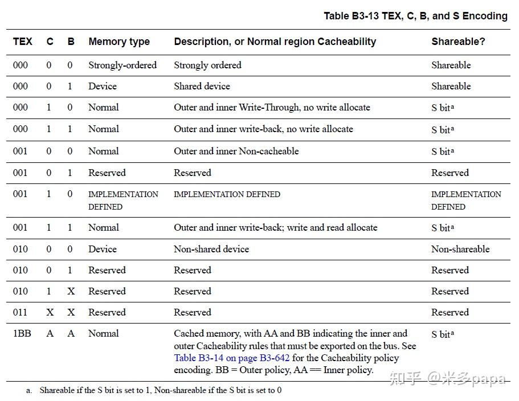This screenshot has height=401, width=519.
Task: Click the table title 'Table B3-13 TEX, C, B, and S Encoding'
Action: pyautogui.click(x=415, y=16)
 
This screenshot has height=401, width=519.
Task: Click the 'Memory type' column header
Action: pyautogui.click(x=119, y=42)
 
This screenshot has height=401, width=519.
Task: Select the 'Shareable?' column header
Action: pyautogui.click(x=458, y=42)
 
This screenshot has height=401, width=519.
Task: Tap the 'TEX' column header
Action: pyautogui.click(x=23, y=42)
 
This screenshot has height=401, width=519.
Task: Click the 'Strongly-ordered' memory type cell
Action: pyautogui.click(x=122, y=65)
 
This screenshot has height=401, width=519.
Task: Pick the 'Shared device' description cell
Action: pyautogui.click(x=202, y=86)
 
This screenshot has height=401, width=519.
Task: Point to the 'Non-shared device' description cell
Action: pyautogui.click(x=211, y=249)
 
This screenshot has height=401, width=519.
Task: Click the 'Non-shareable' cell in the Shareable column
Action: pyautogui.click(x=460, y=249)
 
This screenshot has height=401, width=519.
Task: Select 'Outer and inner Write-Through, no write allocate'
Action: pyautogui.click(x=272, y=107)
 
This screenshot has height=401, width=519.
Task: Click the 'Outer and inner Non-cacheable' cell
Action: pyautogui.click(x=236, y=151)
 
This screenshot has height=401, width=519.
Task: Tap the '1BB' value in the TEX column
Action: pyautogui.click(x=22, y=333)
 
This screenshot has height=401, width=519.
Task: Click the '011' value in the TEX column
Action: pyautogui.click(x=21, y=312)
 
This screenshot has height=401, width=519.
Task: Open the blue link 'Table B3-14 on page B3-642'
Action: pyautogui.click(x=232, y=358)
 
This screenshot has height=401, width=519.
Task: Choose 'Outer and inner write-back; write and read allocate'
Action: pyautogui.click(x=276, y=227)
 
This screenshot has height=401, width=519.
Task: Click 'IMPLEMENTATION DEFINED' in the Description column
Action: pyautogui.click(x=227, y=194)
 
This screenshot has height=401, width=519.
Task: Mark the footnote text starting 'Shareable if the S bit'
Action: pyautogui.click(x=160, y=391)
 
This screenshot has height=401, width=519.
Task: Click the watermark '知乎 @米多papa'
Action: pyautogui.click(x=447, y=378)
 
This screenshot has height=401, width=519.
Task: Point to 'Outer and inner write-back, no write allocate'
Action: pyautogui.click(x=263, y=129)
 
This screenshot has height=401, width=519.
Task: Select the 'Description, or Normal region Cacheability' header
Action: pyautogui.click(x=275, y=42)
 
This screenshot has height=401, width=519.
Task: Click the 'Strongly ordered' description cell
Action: pyautogui.click(x=207, y=65)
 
